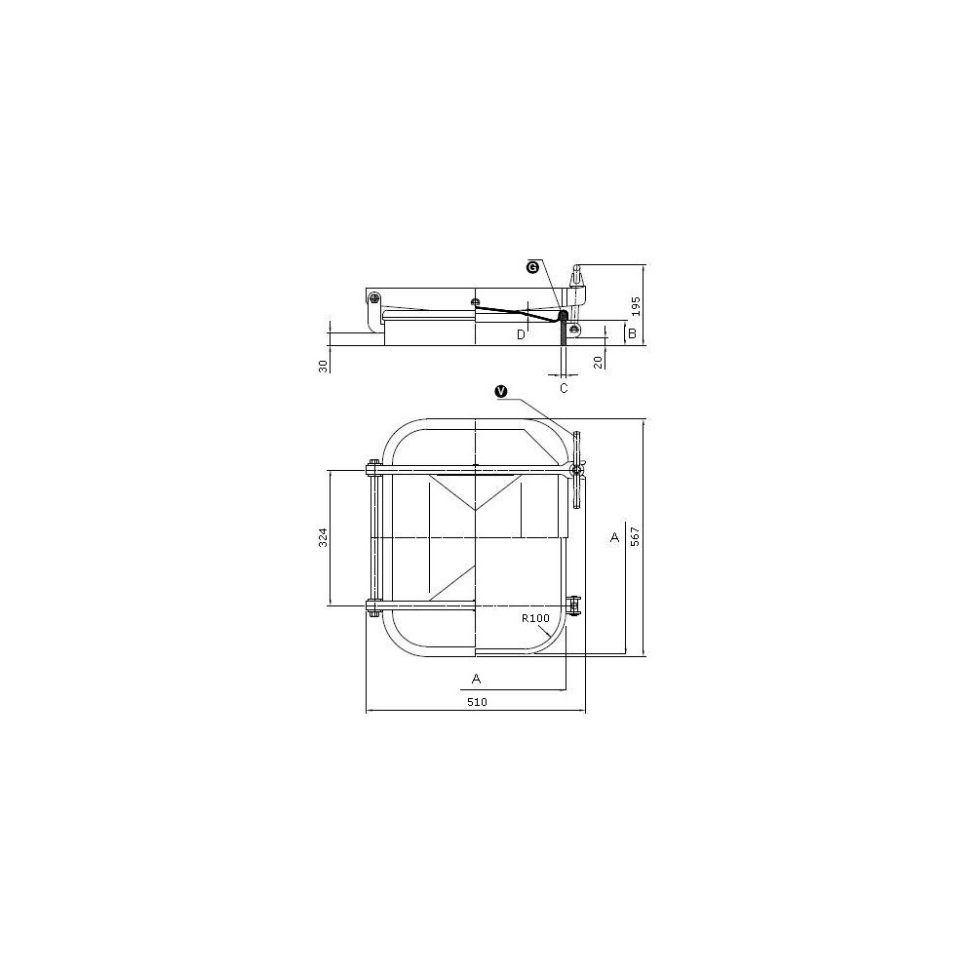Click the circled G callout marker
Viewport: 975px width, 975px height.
pos(532,267)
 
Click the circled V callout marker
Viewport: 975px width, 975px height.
pos(500,391)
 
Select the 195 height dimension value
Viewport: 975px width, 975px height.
pos(636,305)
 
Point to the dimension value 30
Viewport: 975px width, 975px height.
pos(323,366)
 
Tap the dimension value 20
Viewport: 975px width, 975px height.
pos(599,362)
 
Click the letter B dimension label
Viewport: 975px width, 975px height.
pos(633,333)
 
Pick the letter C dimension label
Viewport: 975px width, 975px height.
pos(564,389)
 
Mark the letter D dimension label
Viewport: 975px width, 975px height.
pos(521,334)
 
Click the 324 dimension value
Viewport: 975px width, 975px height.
pos(323,537)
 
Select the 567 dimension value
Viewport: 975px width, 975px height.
pos(635,536)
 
